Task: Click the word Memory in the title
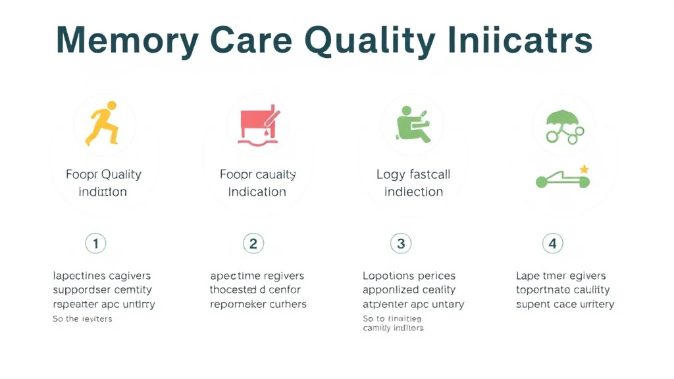click(127, 41)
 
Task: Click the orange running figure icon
click(103, 123)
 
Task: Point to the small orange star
click(584, 170)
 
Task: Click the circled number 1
click(95, 244)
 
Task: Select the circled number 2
click(253, 244)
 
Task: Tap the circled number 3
click(401, 244)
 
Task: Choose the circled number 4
click(552, 244)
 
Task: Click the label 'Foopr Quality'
click(103, 174)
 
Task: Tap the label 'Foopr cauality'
click(257, 174)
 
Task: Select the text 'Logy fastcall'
click(413, 174)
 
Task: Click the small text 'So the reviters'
click(82, 319)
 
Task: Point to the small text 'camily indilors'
click(393, 328)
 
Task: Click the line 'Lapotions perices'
click(409, 276)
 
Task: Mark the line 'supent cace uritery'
click(565, 304)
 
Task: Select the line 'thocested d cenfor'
click(255, 290)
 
